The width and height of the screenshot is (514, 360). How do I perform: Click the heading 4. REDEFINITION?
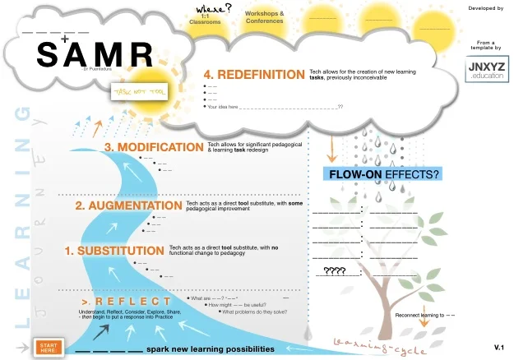(254, 75)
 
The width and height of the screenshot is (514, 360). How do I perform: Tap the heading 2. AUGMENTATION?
(128, 205)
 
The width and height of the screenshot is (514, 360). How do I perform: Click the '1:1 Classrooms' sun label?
(211, 21)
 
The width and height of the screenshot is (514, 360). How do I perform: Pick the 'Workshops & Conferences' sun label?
(265, 17)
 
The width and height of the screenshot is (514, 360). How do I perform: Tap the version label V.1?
(498, 348)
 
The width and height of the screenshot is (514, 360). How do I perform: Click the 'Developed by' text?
(485, 8)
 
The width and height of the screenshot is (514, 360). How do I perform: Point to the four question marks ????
(335, 270)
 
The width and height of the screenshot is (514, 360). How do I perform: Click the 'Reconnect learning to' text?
(421, 316)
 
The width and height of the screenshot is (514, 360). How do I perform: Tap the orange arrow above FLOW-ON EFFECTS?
(331, 148)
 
